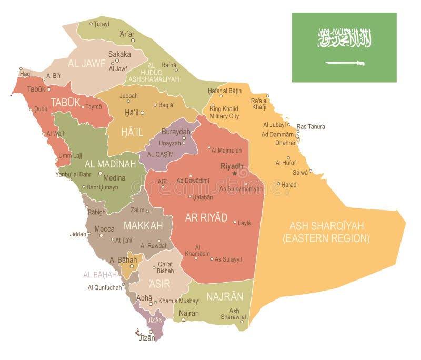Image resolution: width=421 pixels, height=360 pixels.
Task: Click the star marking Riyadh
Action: (235, 173)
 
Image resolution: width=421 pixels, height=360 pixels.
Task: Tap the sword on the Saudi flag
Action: (345, 63)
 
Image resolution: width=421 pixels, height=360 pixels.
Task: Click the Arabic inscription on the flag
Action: (345, 38)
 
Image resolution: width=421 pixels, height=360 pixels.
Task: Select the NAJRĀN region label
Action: (225, 296)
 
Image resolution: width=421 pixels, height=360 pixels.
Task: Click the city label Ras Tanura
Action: (310, 126)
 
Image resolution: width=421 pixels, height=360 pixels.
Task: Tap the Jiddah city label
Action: (78, 234)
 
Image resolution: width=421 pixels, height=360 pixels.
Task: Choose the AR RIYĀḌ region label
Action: (206, 217)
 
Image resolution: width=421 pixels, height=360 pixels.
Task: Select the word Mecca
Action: (104, 229)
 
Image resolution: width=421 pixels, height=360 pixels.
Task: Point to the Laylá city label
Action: (245, 223)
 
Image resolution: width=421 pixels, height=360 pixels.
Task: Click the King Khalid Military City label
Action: (224, 112)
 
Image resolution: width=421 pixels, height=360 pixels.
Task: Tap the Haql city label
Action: (26, 74)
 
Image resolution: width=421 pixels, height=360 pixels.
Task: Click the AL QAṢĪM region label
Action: (160, 155)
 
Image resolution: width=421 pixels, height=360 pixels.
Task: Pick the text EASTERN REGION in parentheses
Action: (326, 238)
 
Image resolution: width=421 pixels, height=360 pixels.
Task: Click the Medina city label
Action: (114, 177)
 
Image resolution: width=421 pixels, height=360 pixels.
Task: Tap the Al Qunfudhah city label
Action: (105, 287)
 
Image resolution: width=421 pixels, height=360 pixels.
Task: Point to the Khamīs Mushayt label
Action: (179, 301)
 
